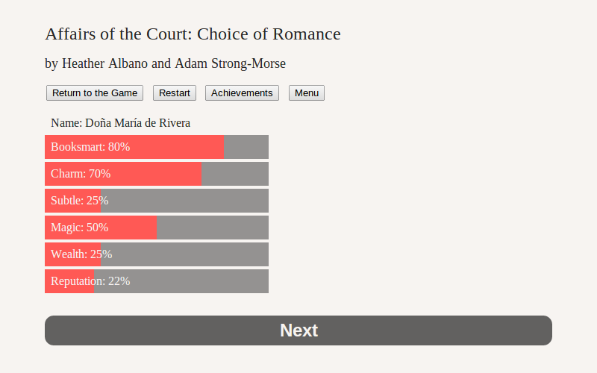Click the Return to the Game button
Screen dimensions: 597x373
pyautogui.click(x=95, y=93)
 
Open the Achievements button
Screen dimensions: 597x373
pyautogui.click(x=242, y=93)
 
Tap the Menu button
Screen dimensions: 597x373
pyautogui.click(x=307, y=93)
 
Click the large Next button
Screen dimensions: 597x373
pyautogui.click(x=298, y=330)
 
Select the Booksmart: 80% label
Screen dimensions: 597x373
pyautogui.click(x=90, y=147)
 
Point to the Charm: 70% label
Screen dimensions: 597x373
pyautogui.click(x=81, y=174)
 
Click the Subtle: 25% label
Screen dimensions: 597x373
pyautogui.click(x=80, y=201)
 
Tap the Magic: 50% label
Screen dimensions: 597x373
pyautogui.click(x=80, y=228)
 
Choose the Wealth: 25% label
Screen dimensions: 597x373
pyautogui.click(x=81, y=254)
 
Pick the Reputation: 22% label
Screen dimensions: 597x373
pyautogui.click(x=90, y=281)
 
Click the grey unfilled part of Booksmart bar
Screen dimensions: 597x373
pyautogui.click(x=246, y=147)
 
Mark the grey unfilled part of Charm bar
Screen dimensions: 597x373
pyautogui.click(x=235, y=174)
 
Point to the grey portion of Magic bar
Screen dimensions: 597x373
pyautogui.click(x=213, y=228)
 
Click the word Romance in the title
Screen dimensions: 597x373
pyautogui.click(x=307, y=34)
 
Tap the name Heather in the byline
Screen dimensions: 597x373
pyautogui.click(x=84, y=63)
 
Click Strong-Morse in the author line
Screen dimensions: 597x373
pyautogui.click(x=249, y=63)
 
